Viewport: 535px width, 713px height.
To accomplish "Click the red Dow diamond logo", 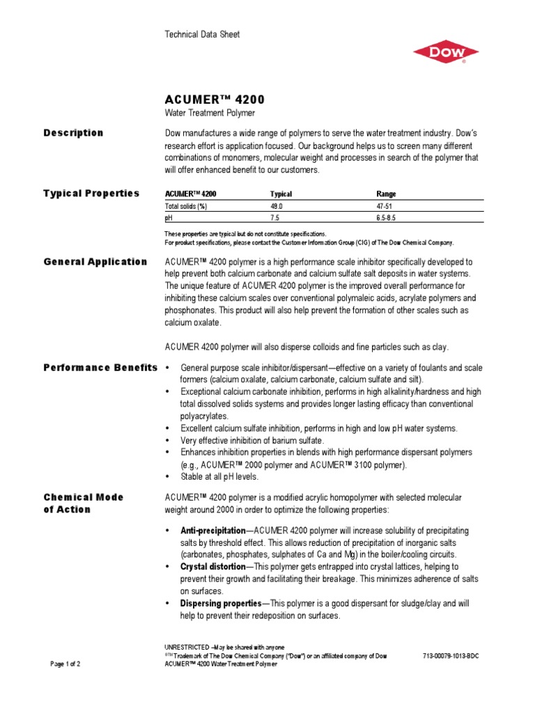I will point(445,52).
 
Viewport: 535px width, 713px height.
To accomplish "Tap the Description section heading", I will point(73,133).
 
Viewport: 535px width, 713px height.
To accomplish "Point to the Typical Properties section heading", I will point(91,194).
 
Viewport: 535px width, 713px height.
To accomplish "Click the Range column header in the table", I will point(386,194).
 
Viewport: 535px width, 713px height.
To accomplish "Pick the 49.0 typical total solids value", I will point(277,207).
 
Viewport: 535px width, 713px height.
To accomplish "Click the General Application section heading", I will point(95,262).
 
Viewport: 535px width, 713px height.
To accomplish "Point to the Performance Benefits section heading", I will point(100,367).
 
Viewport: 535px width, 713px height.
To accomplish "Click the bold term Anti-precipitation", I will point(213,531).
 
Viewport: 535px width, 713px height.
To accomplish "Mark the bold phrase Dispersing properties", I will point(220,603).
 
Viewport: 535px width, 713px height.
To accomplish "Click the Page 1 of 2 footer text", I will point(66,664).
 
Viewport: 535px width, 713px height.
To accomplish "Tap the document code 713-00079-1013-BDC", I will point(451,656).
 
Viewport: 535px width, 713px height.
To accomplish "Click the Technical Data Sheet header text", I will point(202,35).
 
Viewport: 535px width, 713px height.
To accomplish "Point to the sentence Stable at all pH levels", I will point(219,477).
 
